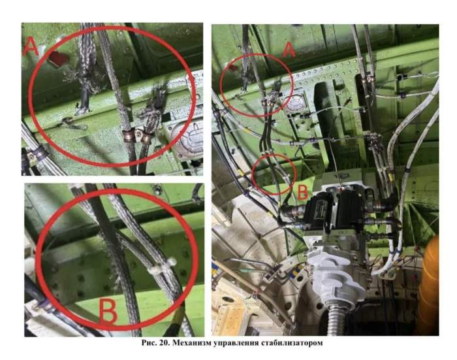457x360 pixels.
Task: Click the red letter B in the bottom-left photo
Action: (x=108, y=311)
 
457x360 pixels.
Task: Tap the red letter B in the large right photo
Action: (x=302, y=192)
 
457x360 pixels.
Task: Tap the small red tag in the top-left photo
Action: (x=58, y=59)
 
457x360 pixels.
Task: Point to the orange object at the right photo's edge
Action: (x=430, y=287)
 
